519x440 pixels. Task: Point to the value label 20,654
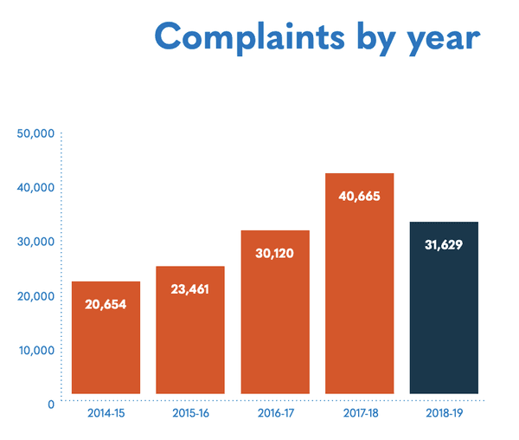[x=106, y=304]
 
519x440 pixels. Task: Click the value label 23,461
[x=190, y=289]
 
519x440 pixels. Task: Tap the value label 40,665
[x=360, y=196]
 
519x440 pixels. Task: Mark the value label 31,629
[x=444, y=244]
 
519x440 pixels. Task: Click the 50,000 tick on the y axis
[x=36, y=133]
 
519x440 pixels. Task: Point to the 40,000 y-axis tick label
[x=36, y=188]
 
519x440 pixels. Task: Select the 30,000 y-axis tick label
[x=36, y=242]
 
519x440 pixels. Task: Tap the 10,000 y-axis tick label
[x=36, y=350]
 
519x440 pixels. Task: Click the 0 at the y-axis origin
[x=52, y=404]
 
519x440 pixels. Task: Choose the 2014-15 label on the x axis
[x=106, y=413]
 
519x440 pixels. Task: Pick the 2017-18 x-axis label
[x=360, y=413]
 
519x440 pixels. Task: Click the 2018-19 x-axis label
[x=444, y=413]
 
